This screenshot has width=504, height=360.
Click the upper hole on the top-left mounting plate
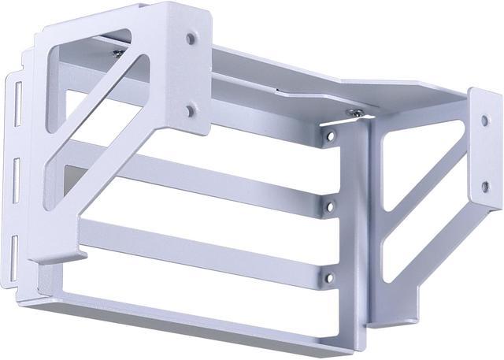191,37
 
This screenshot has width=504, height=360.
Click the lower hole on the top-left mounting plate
190,111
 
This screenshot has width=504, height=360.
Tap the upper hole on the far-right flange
485,121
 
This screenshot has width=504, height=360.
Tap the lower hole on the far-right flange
485,187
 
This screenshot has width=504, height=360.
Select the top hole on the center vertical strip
332,136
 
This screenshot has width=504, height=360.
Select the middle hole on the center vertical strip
332,207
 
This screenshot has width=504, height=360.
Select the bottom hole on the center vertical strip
330,276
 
